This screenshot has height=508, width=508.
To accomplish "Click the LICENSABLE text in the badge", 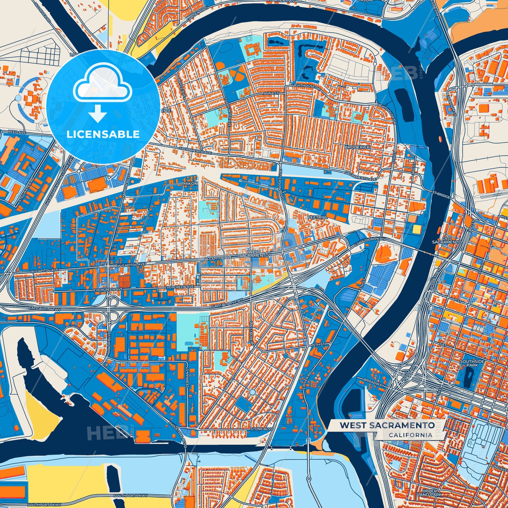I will pos(103,134).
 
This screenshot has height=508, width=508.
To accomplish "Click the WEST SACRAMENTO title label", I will pos(387,425).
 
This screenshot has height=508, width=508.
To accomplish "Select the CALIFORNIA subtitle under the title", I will pos(410,435).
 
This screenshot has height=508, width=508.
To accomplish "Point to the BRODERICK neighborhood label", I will pos(357,147).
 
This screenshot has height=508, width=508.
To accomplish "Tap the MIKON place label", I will pos(191,184).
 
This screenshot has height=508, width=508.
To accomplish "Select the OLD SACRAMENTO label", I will pos(446,240).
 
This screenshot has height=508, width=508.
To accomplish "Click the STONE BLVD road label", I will pos(262,429).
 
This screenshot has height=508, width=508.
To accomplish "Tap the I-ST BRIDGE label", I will pos(439,194).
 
